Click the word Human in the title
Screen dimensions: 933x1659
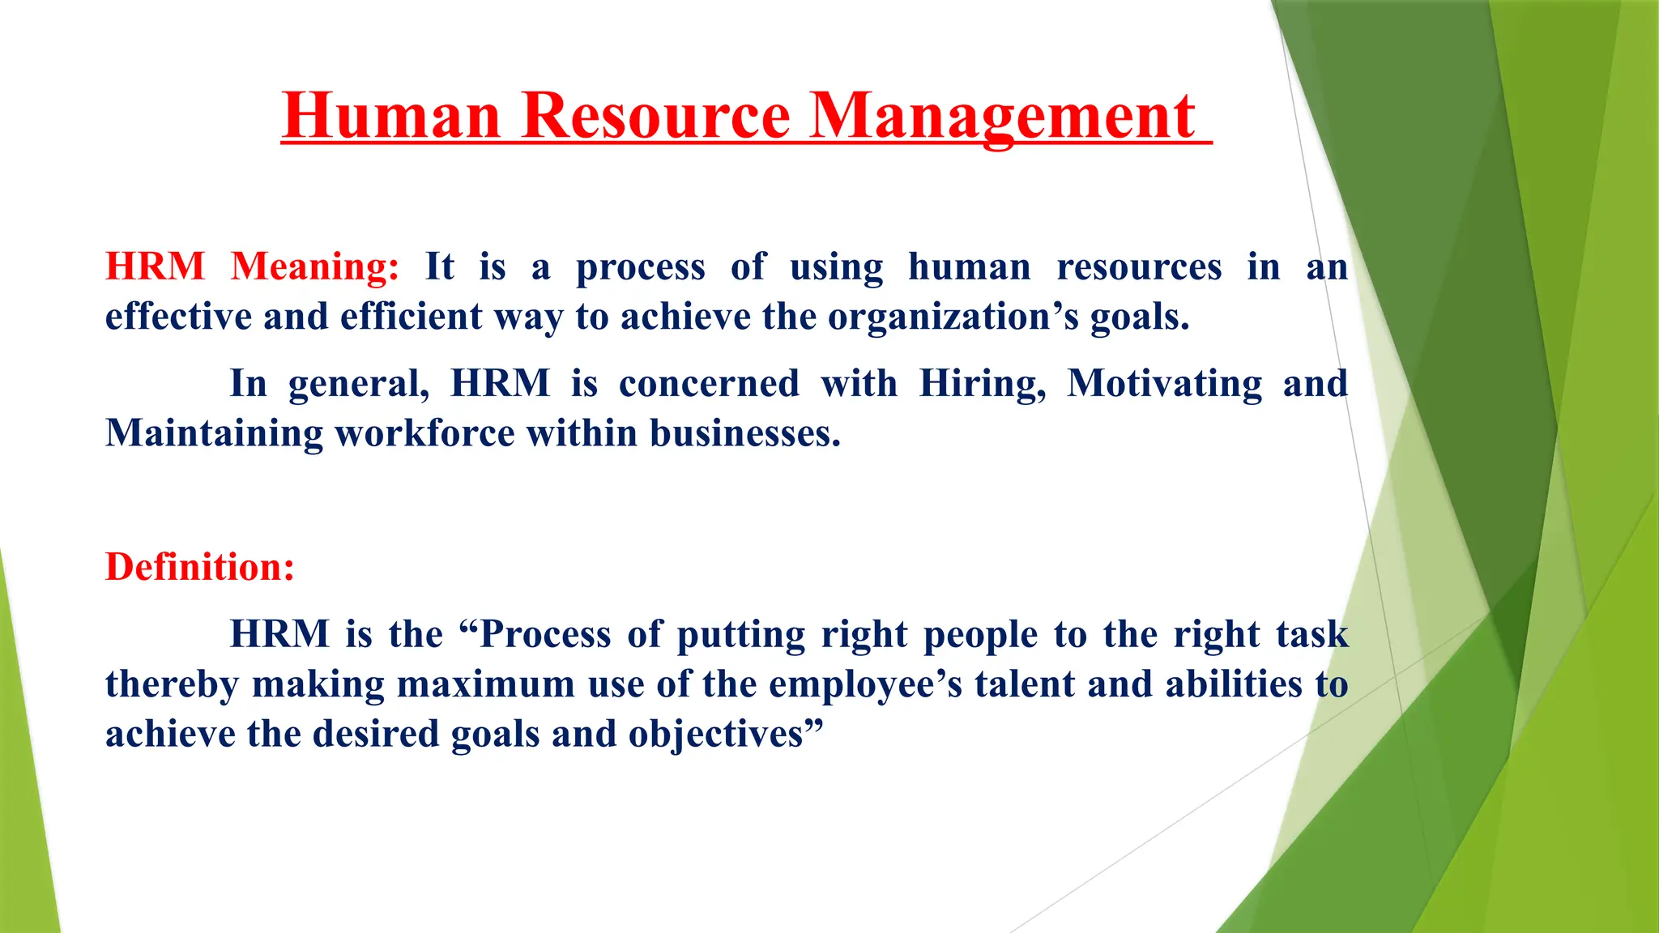[391, 116]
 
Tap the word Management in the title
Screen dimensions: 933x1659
[1003, 116]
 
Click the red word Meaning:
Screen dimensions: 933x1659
[315, 266]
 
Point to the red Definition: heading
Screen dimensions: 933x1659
[200, 566]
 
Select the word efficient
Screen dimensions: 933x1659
[412, 317]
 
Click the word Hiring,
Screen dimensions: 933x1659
[983, 384]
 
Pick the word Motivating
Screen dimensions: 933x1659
[1165, 384]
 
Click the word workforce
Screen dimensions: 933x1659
[424, 433]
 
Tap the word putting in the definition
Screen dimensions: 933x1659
[740, 635]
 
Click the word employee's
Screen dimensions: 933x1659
[865, 685]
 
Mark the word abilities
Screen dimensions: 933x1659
[1234, 684]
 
